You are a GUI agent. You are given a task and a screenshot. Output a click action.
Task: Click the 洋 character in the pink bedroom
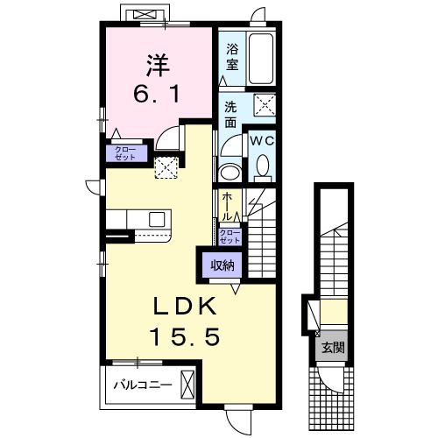(158, 66)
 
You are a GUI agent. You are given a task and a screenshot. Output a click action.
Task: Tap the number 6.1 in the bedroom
(156, 94)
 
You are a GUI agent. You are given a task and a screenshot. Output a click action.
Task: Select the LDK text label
(185, 306)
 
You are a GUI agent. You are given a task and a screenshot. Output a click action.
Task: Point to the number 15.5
(185, 336)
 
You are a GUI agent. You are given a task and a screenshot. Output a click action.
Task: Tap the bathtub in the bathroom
(261, 59)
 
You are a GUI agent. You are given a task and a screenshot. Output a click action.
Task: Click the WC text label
(262, 141)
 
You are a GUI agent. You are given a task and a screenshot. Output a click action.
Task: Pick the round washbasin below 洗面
(230, 173)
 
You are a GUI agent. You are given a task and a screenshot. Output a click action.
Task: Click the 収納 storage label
(223, 265)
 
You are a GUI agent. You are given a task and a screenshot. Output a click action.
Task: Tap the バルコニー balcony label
(143, 385)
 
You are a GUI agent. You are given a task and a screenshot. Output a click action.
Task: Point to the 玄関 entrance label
(333, 348)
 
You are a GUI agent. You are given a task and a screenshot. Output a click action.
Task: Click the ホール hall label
(228, 206)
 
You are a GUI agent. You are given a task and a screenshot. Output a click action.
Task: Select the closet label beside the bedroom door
(125, 153)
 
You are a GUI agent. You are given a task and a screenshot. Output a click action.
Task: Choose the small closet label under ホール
(230, 237)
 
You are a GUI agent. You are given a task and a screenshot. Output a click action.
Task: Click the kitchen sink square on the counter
(157, 219)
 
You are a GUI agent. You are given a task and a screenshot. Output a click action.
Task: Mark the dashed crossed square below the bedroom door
(166, 167)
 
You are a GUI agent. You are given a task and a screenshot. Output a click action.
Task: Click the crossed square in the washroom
(265, 105)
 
